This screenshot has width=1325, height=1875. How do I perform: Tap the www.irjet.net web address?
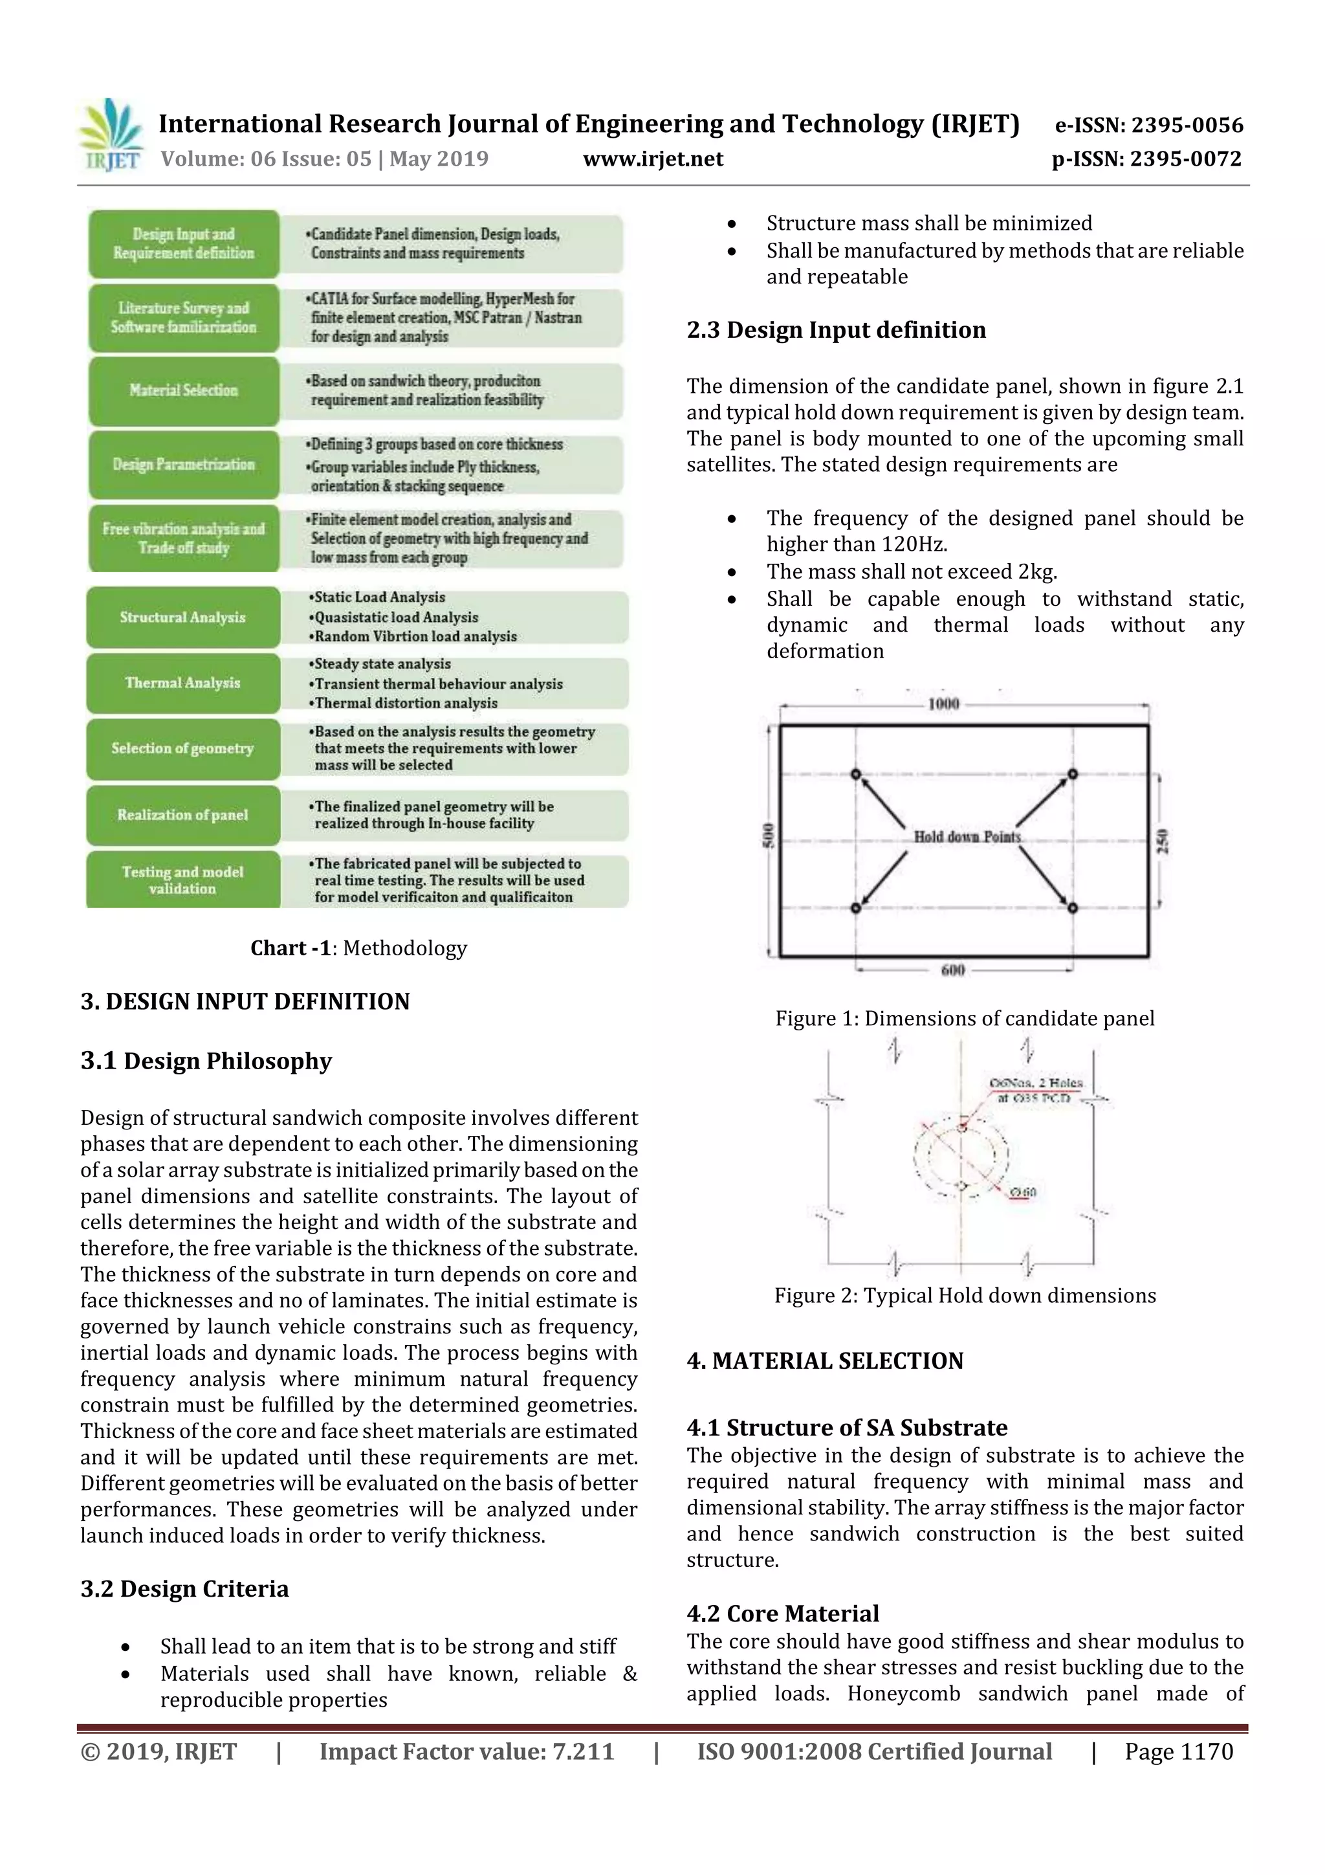coord(653,159)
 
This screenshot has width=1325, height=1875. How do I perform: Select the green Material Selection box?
coord(184,390)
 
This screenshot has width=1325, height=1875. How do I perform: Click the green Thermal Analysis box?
coord(183,683)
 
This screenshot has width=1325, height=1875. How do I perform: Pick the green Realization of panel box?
coord(183,814)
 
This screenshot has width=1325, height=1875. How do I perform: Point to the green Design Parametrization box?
coord(184,464)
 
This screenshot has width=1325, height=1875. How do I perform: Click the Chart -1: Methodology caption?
coord(358,948)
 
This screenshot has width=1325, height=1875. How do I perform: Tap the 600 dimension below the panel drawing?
coord(953,970)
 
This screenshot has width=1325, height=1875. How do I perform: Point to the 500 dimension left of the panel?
coord(767,836)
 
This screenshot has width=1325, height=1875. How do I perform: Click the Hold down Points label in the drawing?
coord(967,836)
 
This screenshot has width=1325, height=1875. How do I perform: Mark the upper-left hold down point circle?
coord(855,773)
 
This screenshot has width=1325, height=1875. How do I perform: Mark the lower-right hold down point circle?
coord(1073,907)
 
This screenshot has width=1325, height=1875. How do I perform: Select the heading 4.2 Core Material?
coord(782,1613)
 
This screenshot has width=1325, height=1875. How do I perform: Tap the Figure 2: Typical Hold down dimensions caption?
coord(965,1295)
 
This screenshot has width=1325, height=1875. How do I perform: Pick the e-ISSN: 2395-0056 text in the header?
coord(1148,125)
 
